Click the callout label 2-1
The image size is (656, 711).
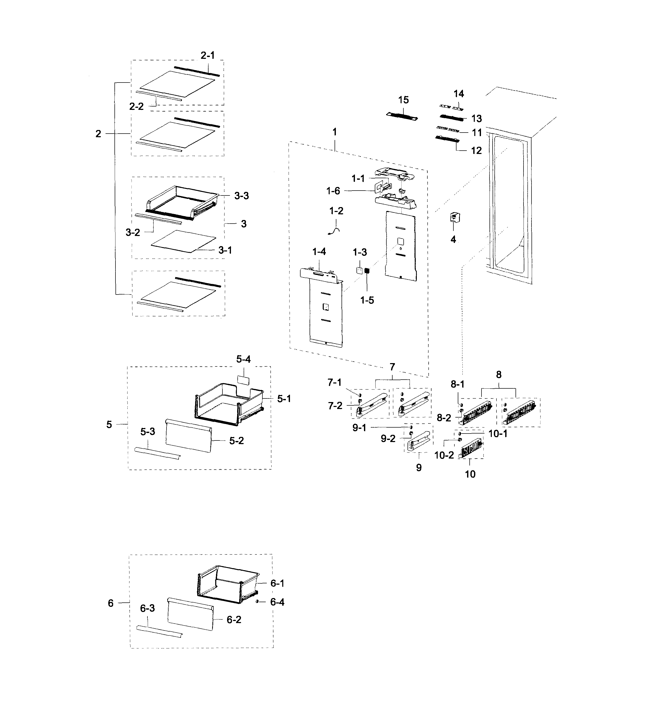tap(208, 55)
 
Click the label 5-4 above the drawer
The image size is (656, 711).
tap(244, 359)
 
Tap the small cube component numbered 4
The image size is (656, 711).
tap(454, 217)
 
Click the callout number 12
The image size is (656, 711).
tap(476, 151)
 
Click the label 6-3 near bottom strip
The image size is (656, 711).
tap(147, 608)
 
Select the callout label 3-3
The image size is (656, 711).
tap(241, 196)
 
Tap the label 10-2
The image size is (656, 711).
tap(444, 455)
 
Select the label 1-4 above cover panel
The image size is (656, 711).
tap(319, 252)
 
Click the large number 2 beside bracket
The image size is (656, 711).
tap(98, 134)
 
